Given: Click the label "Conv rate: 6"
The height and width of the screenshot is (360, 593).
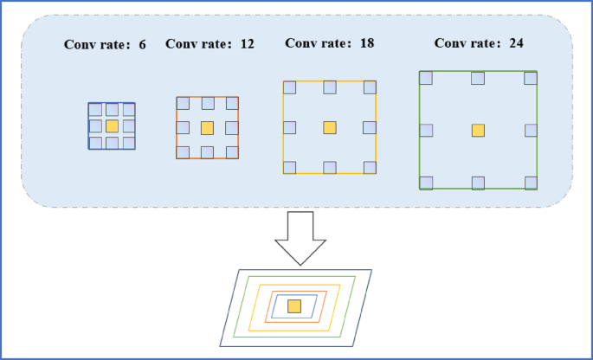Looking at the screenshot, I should [105, 44].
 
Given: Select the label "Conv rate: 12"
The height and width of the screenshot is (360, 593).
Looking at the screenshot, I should [209, 44].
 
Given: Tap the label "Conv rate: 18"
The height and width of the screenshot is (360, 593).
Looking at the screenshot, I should [330, 42].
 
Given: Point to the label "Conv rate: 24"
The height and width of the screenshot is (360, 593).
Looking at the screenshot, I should [479, 42].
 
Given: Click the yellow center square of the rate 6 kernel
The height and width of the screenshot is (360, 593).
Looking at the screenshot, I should [112, 126].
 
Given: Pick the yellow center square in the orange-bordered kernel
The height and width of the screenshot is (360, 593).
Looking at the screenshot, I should [207, 128].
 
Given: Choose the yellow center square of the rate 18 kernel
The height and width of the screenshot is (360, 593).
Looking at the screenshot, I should [329, 127].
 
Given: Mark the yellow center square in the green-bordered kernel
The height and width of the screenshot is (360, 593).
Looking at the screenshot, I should [478, 130].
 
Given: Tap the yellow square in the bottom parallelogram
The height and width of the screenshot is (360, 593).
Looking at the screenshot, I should [294, 305].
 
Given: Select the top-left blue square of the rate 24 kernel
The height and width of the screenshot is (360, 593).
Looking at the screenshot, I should [426, 79].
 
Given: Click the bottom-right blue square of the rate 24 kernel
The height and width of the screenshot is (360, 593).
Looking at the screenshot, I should [531, 182].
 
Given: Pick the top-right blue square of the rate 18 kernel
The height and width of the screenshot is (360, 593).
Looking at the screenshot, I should [370, 87].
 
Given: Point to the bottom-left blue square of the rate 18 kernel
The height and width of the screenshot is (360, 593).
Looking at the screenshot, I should [290, 167].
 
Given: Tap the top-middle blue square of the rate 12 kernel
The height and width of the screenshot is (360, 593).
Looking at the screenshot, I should [208, 104].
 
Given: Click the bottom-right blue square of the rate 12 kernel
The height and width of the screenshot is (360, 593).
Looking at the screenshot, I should [231, 152].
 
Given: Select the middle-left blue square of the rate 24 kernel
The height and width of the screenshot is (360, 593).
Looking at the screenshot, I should [426, 130].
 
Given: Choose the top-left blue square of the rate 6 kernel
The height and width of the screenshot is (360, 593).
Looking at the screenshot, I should [95, 110].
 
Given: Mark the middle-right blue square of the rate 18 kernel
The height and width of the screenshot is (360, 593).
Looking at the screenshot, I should [370, 128].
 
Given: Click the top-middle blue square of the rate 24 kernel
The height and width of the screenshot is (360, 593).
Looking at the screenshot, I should [478, 79].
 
